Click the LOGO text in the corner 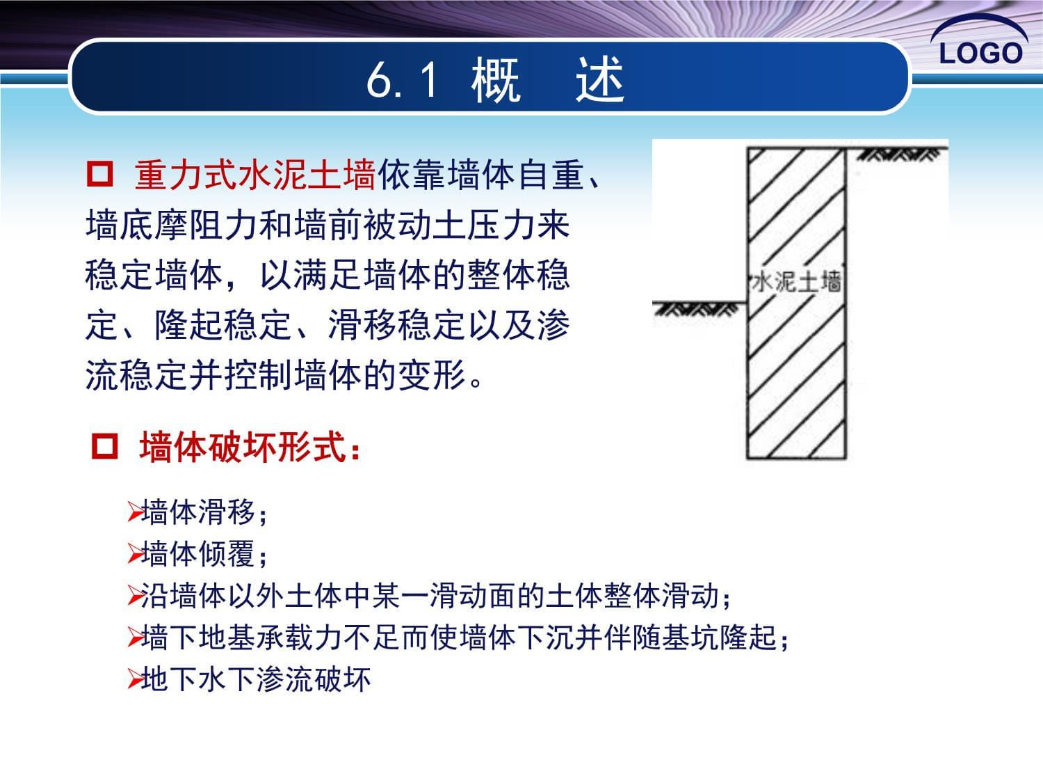coord(980,53)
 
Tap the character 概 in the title coord(496,79)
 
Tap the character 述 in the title coord(599,79)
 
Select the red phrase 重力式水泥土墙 coord(255,175)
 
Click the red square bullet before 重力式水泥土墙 coord(100,173)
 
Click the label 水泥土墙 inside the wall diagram coord(797,281)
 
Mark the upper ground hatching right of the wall coord(899,155)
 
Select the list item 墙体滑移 coord(204,512)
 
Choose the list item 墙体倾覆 coord(204,554)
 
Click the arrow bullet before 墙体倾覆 coord(134,554)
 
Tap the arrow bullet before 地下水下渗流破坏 coord(134,679)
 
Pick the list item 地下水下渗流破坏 coord(256,679)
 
